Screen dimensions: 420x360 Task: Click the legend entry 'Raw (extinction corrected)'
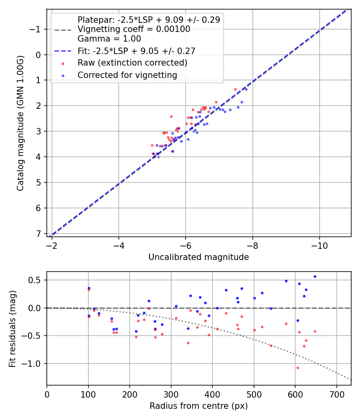pos(132,63)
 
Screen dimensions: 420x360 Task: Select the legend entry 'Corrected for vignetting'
pos(127,75)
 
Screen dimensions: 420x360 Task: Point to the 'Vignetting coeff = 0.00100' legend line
pos(134,29)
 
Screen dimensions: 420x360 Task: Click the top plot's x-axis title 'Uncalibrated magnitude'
pos(198,257)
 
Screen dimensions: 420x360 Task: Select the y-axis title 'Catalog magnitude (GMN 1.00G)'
pos(20,123)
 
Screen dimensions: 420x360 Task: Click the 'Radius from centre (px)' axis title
pos(198,406)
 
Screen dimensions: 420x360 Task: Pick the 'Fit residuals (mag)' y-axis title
pos(12,328)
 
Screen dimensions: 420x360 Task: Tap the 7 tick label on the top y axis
pos(39,234)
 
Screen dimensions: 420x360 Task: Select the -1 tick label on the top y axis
pos(36,29)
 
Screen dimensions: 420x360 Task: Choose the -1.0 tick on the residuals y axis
pos(35,364)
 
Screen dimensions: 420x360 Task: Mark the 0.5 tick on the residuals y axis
pos(37,280)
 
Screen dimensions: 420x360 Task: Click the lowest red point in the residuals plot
pos(298,368)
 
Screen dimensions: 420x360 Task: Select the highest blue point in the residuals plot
pos(315,276)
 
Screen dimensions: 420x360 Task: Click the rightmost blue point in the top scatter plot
pos(246,89)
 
